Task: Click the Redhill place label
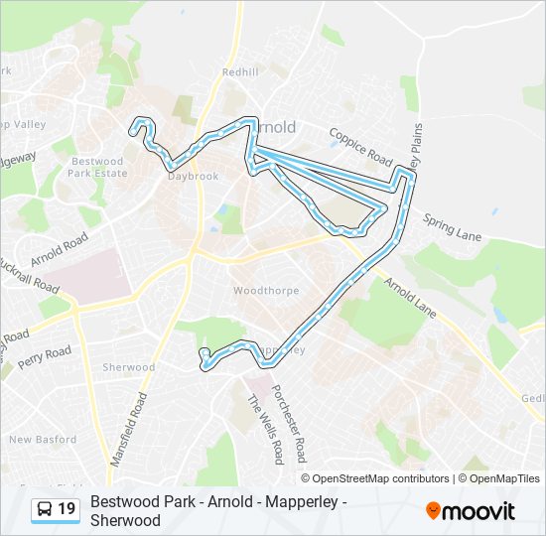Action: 239,72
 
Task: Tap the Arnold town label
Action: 275,128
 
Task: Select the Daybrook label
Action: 193,177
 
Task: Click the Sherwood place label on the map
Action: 129,367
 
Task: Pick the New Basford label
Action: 42,440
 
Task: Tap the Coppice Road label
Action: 362,146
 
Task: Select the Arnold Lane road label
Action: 409,296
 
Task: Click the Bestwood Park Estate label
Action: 97,167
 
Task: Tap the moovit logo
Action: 471,511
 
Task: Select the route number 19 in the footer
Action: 67,509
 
